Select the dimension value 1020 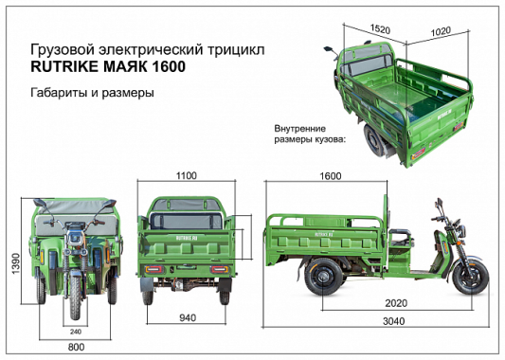click(x=442, y=30)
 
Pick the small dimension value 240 click(x=76, y=331)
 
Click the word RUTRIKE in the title click(x=64, y=67)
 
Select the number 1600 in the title click(x=166, y=67)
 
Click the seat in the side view click(x=402, y=236)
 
